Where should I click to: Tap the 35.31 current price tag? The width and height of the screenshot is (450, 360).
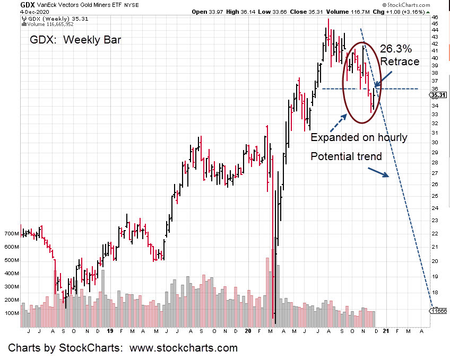point(439,95)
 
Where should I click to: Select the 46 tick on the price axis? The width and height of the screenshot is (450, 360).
point(435,17)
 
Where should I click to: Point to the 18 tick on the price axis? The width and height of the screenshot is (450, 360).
point(435,293)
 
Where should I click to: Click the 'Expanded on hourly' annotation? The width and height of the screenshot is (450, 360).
point(359,137)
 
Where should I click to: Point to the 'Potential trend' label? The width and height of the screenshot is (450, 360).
point(346,157)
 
